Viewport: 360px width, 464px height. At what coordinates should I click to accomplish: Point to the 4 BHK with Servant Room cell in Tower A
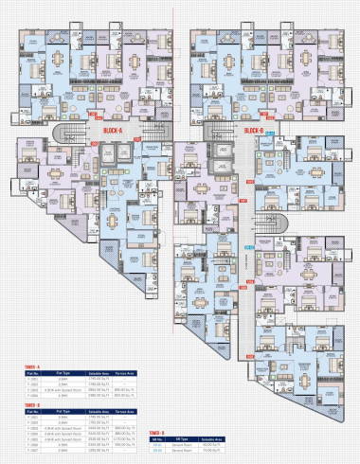[x=64, y=389]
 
